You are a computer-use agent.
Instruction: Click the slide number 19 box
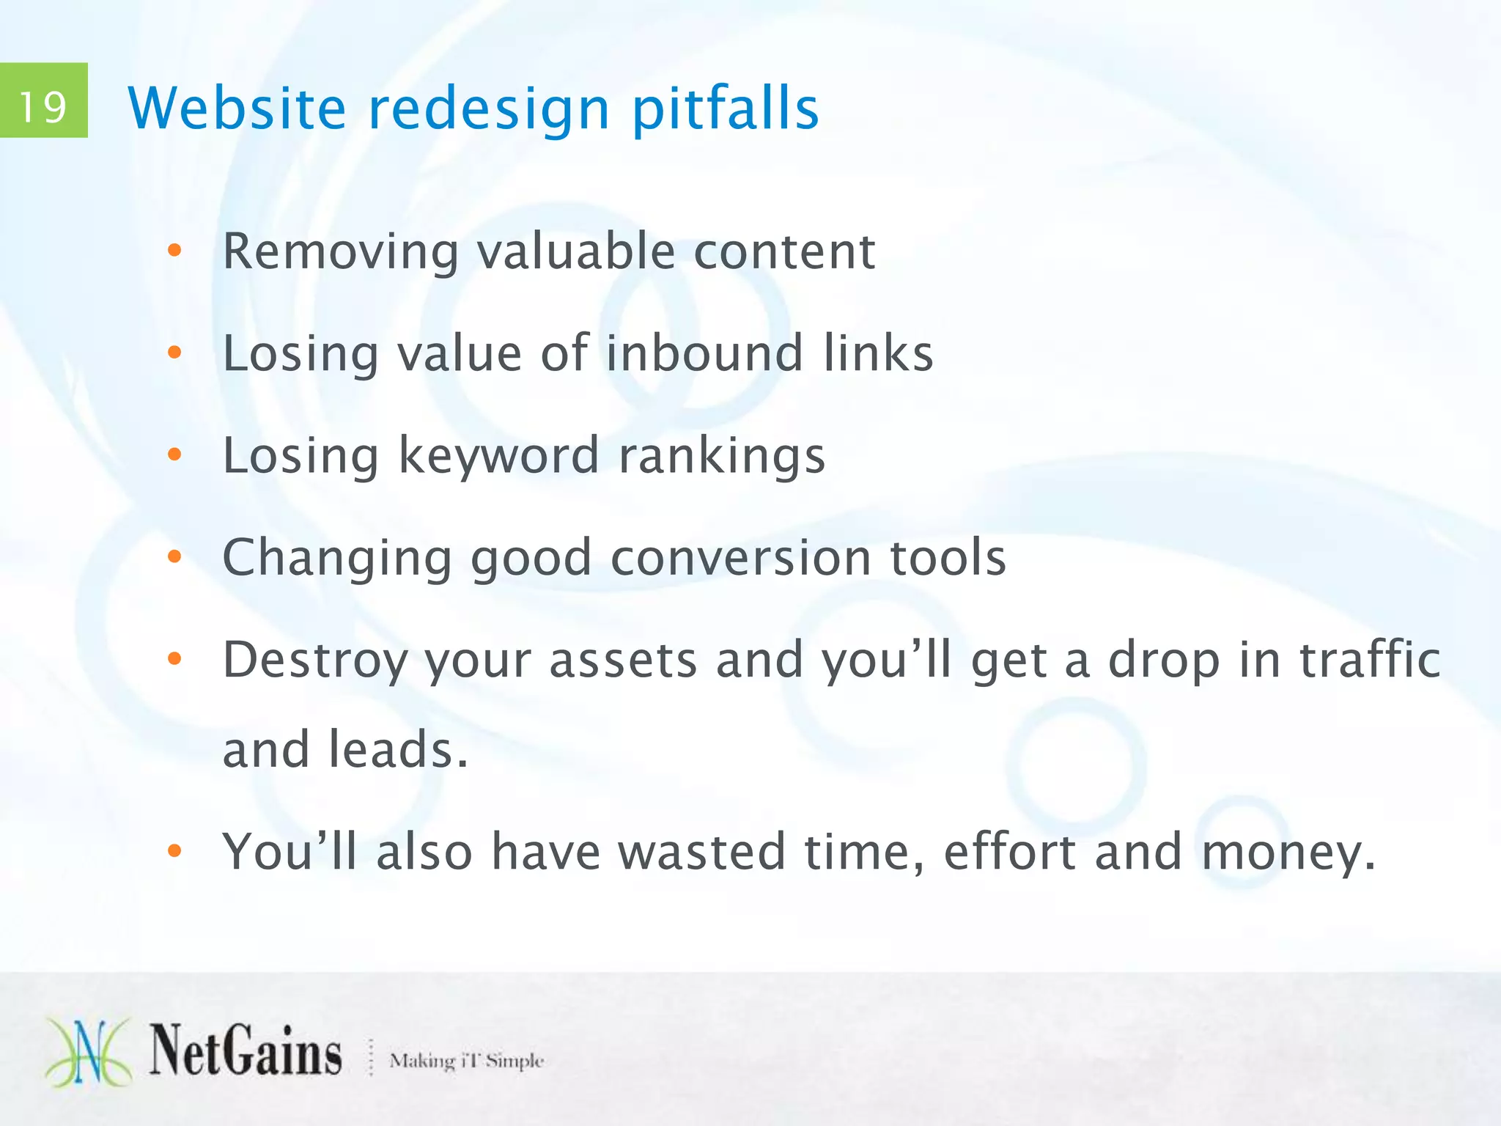[x=43, y=100]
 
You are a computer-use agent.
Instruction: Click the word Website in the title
[x=237, y=108]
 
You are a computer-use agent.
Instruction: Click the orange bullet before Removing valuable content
[x=174, y=251]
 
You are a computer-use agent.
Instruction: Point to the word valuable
[x=575, y=251]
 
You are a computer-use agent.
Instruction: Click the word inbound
[x=704, y=353]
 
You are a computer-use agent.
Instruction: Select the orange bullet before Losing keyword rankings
[x=174, y=455]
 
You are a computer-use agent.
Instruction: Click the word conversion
[x=740, y=557]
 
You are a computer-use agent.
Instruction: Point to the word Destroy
[x=315, y=660]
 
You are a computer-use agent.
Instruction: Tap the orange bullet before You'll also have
[x=174, y=851]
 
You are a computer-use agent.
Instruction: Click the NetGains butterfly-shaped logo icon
[x=89, y=1053]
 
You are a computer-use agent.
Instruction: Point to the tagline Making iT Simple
[x=466, y=1060]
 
